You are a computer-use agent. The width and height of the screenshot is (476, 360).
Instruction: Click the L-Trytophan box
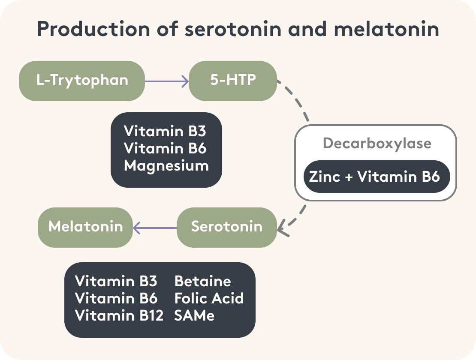pos(82,81)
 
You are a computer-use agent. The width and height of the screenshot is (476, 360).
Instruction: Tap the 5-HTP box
pos(233,81)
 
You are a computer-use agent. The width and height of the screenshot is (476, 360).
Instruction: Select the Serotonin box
pos(226,227)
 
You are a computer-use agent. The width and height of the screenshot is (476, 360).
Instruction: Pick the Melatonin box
pos(85,227)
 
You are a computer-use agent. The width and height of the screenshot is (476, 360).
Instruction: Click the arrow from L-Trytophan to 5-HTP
pos(166,81)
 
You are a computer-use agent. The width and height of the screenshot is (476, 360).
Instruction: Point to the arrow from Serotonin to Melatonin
pos(155,228)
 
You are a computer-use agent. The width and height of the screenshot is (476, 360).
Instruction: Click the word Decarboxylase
pos(377,143)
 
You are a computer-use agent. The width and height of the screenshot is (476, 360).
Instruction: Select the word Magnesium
pos(166,166)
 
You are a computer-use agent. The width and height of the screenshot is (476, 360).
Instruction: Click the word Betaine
pos(202,281)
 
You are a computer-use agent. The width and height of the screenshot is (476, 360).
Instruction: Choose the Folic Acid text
pos(209,298)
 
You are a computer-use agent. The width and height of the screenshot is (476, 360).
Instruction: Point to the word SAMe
pos(194,315)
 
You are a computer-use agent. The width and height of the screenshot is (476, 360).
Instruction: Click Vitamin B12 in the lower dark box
pos(119,315)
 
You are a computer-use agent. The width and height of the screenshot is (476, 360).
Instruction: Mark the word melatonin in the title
pos(386,30)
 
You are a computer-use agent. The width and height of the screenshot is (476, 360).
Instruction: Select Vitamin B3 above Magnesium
pos(165,131)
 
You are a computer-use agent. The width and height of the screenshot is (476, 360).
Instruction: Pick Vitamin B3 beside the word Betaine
pos(116,281)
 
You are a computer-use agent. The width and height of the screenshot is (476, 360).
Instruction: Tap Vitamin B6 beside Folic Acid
pos(116,298)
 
